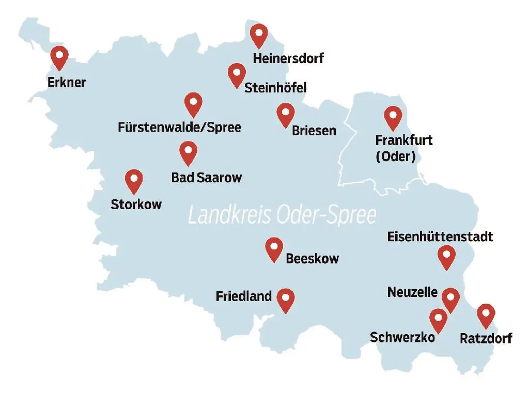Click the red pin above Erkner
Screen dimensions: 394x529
tap(60, 57)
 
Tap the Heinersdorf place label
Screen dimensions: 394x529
tap(288, 58)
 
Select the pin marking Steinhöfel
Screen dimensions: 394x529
tap(237, 74)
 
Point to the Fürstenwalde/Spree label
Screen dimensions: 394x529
tap(179, 127)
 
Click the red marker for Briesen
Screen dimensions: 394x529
tap(285, 114)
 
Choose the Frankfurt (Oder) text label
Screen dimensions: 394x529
tap(396, 148)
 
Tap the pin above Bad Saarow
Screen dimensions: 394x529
tap(189, 152)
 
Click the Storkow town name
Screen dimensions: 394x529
tap(136, 204)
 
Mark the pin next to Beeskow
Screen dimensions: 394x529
tap(274, 248)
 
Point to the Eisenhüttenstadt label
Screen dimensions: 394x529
tap(440, 237)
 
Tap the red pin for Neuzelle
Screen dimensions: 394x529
tap(450, 299)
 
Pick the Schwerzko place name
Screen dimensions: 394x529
tap(402, 338)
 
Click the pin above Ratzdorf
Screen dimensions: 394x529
tap(486, 315)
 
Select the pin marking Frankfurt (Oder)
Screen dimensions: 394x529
tap(393, 117)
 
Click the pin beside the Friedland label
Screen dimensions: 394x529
tap(285, 300)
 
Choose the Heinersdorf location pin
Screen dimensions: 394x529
tap(258, 35)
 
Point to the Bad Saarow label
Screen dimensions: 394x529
tap(207, 178)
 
